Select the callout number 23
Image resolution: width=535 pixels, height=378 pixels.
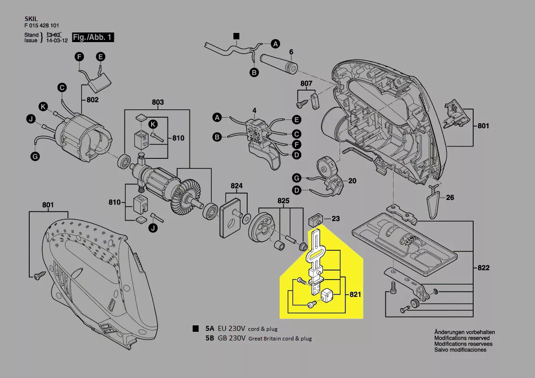tap(335, 219)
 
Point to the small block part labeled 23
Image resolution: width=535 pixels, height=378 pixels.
tap(314, 219)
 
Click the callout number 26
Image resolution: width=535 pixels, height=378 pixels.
tap(450, 198)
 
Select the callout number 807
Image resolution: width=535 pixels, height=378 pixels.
tap(306, 83)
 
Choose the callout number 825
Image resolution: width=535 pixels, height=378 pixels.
tap(283, 200)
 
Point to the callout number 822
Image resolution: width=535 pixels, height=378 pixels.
tap(483, 268)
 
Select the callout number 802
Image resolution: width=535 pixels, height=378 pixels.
tap(93, 100)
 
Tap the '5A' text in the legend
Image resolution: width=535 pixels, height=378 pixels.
tap(210, 329)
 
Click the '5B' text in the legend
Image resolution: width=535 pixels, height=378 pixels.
tap(210, 339)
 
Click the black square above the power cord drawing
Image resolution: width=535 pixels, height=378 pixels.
tap(236, 36)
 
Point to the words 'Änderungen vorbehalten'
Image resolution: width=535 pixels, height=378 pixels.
tap(464, 332)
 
